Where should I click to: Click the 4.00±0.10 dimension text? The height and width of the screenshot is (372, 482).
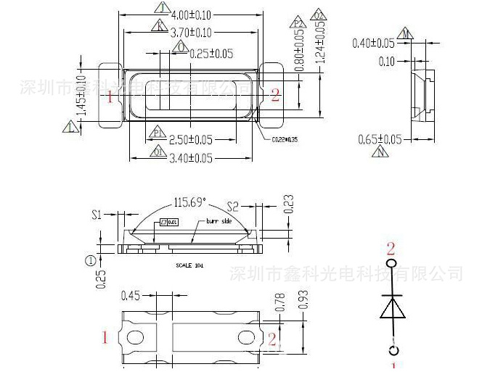191,15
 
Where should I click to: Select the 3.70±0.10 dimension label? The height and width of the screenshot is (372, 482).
191,33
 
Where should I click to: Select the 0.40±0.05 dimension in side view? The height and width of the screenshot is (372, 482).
373,44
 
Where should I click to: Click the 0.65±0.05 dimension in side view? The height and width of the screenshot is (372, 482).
380,139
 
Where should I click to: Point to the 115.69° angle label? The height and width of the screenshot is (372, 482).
190,202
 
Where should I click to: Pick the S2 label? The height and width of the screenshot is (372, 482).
233,206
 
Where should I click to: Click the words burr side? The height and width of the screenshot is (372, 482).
218,220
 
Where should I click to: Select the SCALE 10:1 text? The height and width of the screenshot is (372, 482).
189,265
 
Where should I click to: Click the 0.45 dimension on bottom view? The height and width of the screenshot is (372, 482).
131,294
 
